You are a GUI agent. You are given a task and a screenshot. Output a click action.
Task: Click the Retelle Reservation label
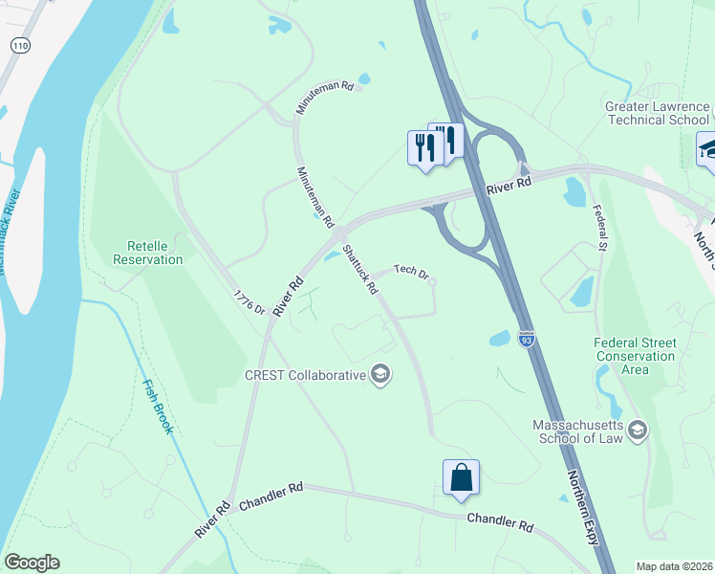click(148, 253)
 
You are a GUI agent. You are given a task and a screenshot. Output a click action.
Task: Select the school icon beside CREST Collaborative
click(380, 374)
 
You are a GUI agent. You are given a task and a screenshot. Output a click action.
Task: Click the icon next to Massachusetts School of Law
click(638, 430)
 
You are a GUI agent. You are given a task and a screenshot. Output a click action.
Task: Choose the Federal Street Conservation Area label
click(635, 356)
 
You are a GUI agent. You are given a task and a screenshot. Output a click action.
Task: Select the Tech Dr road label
click(408, 272)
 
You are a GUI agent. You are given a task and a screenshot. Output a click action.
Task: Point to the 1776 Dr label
click(249, 303)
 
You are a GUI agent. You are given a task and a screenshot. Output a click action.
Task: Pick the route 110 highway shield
click(19, 45)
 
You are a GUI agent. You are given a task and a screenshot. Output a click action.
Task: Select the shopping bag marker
click(461, 477)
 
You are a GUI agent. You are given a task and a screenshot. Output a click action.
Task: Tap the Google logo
click(32, 563)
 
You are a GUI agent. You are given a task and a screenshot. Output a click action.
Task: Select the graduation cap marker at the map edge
click(707, 150)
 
